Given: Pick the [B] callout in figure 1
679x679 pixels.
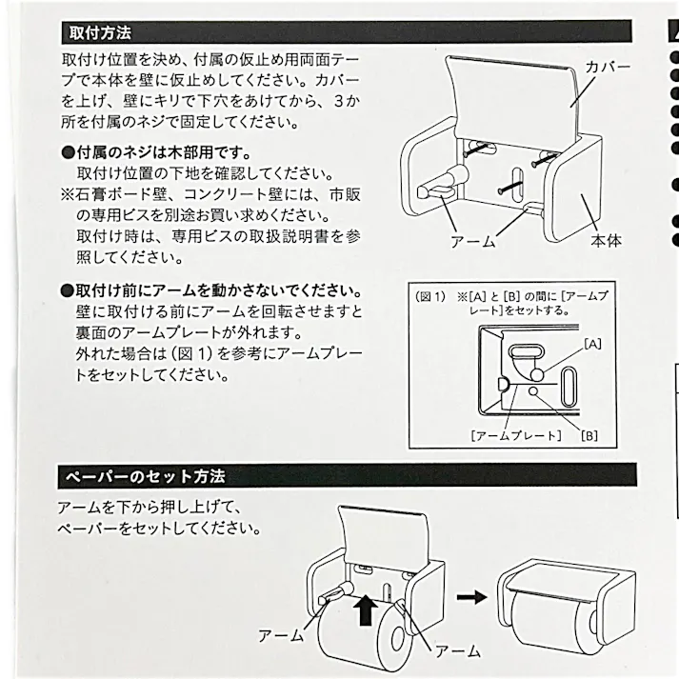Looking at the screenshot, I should (x=589, y=435).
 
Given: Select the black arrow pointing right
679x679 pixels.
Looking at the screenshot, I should (x=468, y=598).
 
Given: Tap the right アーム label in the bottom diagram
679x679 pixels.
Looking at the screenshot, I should (x=458, y=651).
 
